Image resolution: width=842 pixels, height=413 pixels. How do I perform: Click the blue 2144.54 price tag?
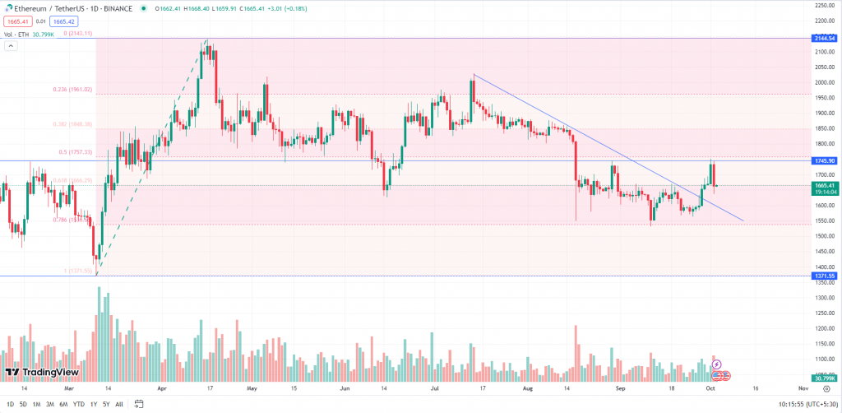click(x=823, y=38)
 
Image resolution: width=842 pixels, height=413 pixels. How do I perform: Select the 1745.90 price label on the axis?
click(x=823, y=160)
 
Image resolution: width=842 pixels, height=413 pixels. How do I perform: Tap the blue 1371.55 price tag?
click(x=823, y=276)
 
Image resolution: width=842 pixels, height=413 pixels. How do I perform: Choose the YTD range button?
click(x=78, y=404)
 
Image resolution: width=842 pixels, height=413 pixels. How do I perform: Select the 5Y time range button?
click(x=106, y=404)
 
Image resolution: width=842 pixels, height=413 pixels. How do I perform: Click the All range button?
click(x=119, y=404)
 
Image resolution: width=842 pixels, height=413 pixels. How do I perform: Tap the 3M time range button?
click(x=49, y=404)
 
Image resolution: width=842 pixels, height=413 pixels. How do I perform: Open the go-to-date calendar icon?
click(x=140, y=404)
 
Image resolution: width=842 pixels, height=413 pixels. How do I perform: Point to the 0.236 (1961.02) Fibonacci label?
click(x=72, y=90)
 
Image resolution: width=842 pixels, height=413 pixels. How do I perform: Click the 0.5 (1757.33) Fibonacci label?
click(x=76, y=152)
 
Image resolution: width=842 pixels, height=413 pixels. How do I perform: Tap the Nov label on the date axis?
click(x=803, y=386)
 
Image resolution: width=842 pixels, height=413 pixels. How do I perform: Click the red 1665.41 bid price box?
click(x=17, y=21)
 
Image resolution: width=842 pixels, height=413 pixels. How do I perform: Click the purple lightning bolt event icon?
click(x=716, y=364)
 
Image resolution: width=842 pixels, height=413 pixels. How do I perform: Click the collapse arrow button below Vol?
click(x=11, y=46)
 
